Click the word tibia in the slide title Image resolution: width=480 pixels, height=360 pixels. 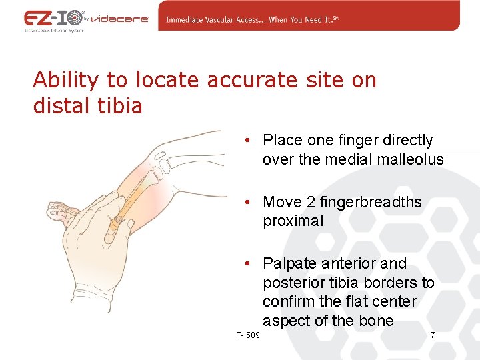point(121,106)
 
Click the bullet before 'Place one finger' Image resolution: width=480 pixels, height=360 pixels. point(247,141)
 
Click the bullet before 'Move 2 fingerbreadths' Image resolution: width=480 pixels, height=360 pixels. point(247,202)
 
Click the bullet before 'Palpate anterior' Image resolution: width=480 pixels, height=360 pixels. point(247,263)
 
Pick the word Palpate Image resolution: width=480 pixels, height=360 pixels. point(291,264)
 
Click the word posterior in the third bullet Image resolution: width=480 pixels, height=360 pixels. point(291,283)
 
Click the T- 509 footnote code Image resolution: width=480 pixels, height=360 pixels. point(248,335)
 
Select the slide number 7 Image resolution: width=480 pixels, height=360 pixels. point(433,335)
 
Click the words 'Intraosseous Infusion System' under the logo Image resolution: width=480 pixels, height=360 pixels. point(53,30)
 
